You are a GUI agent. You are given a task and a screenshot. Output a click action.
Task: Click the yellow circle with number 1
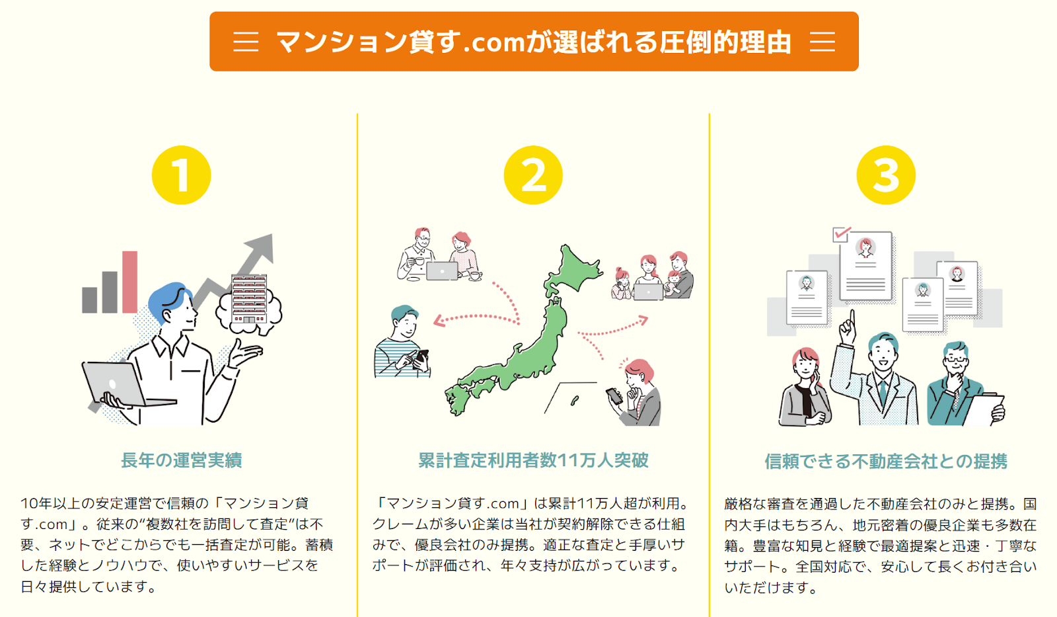(x=181, y=175)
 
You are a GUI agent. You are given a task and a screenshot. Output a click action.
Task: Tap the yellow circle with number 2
(x=533, y=175)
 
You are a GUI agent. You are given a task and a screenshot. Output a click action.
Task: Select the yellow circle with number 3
(x=886, y=175)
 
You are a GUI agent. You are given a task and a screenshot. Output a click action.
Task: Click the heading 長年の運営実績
(x=181, y=460)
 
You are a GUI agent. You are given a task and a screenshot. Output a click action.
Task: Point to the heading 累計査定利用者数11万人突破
(x=533, y=460)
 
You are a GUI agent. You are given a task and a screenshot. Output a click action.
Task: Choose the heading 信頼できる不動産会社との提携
(x=886, y=461)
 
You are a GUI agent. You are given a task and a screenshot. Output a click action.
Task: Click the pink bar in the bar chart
(x=129, y=282)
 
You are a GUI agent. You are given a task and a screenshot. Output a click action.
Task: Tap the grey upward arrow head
(x=262, y=245)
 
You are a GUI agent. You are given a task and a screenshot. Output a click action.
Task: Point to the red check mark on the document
(x=841, y=233)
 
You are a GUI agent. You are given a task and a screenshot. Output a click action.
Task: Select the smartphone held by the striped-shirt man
(x=420, y=358)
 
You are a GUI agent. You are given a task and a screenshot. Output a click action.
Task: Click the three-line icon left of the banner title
(x=246, y=42)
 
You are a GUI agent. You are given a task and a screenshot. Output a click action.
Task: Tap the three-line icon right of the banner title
(x=822, y=42)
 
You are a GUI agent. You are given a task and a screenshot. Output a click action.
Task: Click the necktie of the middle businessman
(x=883, y=393)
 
